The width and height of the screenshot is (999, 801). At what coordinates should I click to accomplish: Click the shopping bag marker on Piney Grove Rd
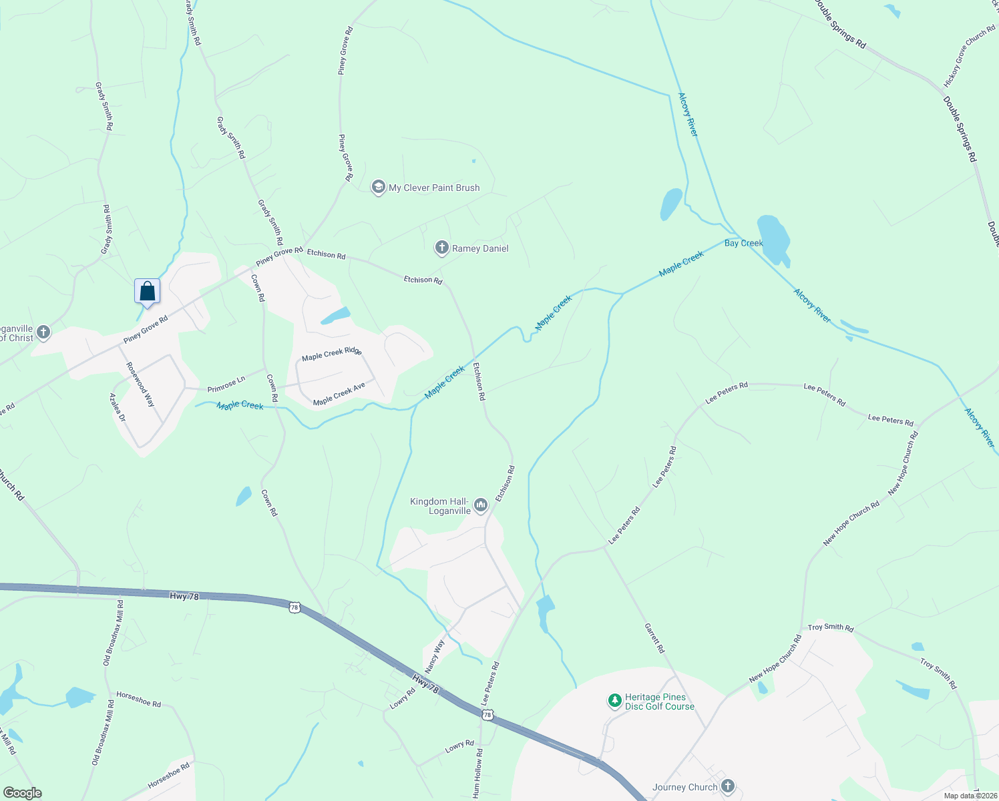[147, 292]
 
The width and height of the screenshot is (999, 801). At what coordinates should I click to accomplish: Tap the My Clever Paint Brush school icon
[379, 187]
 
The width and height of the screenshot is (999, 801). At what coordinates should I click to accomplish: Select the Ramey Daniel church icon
[441, 248]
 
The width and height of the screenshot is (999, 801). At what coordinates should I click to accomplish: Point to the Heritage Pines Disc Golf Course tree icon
[614, 702]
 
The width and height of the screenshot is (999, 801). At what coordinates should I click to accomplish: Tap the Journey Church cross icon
[728, 786]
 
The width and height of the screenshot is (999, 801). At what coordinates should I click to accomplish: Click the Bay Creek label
[743, 243]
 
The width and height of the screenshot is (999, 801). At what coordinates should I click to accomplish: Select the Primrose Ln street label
[226, 384]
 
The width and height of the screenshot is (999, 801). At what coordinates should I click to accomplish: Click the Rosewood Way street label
[140, 384]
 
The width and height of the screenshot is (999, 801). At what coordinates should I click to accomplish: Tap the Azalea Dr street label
[118, 407]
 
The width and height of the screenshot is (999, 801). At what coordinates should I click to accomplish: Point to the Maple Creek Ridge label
[331, 354]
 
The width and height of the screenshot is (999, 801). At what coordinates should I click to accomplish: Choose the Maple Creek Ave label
[339, 394]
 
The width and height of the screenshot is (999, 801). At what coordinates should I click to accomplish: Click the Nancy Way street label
[434, 655]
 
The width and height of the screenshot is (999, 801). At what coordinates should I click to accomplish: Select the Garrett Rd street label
[654, 638]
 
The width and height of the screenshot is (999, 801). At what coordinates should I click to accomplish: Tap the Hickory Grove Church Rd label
[970, 57]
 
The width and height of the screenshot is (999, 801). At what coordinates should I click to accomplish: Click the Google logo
[23, 793]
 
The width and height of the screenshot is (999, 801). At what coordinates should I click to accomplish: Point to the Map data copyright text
[970, 796]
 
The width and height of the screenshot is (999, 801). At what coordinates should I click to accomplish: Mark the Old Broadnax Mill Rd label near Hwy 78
[113, 632]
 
